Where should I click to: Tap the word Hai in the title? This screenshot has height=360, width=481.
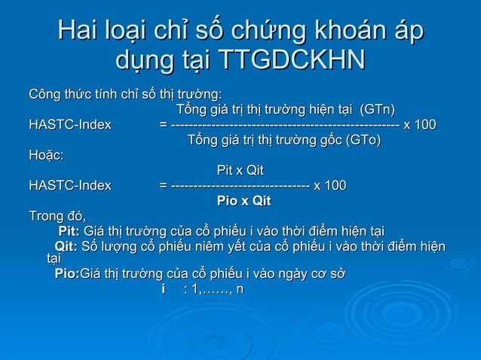[x=82, y=31]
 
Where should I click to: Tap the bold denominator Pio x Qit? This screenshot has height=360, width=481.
[x=244, y=201]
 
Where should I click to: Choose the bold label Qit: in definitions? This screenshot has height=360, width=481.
[x=66, y=246]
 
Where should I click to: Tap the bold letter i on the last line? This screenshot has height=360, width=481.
[x=164, y=290]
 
